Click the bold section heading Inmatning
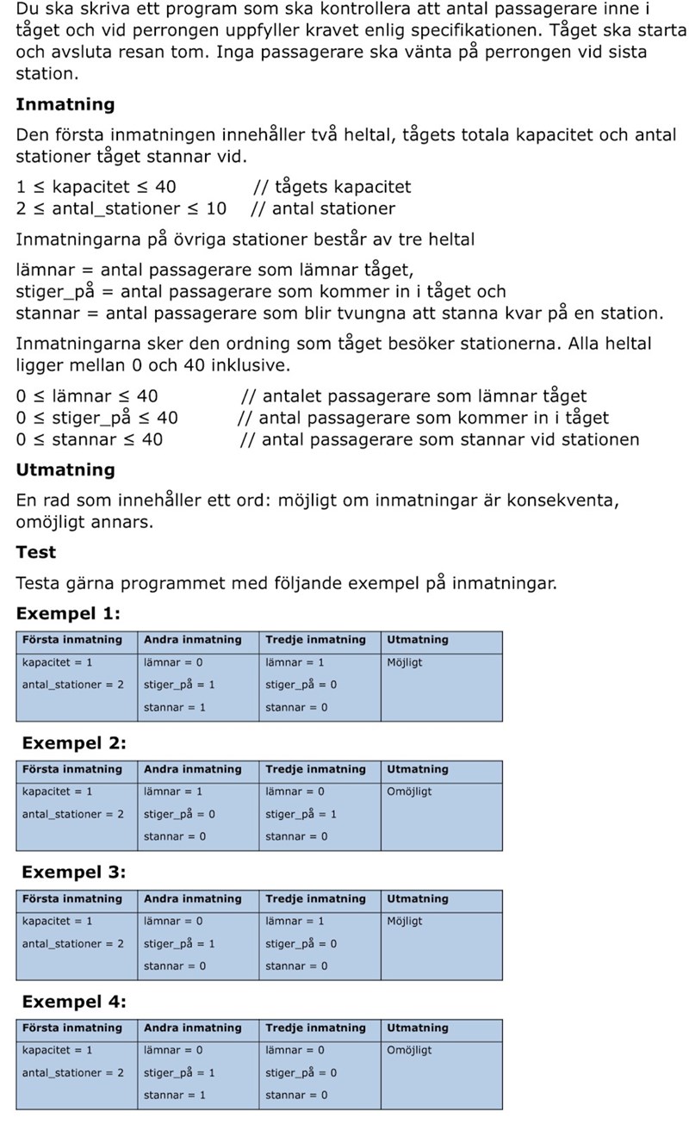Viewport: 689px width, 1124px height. coord(65,104)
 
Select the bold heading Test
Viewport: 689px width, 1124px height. coord(35,552)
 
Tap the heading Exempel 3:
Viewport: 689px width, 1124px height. coord(73,872)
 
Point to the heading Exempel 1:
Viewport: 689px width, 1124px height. coord(68,614)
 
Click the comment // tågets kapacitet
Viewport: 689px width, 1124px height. coord(332,187)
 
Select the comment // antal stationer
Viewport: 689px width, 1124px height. coord(323,208)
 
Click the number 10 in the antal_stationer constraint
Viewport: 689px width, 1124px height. coord(216,208)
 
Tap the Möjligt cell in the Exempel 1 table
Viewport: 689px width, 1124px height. coord(405,663)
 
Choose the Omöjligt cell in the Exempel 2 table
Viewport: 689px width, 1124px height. coord(409,792)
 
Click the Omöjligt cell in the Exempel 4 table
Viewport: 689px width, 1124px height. coord(409,1051)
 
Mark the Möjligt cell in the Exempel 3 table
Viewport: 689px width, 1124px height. coord(405,922)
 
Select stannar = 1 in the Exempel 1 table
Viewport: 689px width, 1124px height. coord(175,708)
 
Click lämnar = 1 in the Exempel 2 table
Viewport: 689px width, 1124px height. coord(173,792)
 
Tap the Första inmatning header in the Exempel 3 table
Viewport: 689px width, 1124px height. coord(72,899)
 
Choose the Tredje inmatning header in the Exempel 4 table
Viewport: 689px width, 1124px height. coord(315,1028)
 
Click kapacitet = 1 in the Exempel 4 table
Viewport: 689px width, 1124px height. coord(57,1051)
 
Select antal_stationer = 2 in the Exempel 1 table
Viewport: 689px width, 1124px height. coord(72,686)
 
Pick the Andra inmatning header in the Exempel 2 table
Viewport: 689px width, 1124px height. coord(193,770)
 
